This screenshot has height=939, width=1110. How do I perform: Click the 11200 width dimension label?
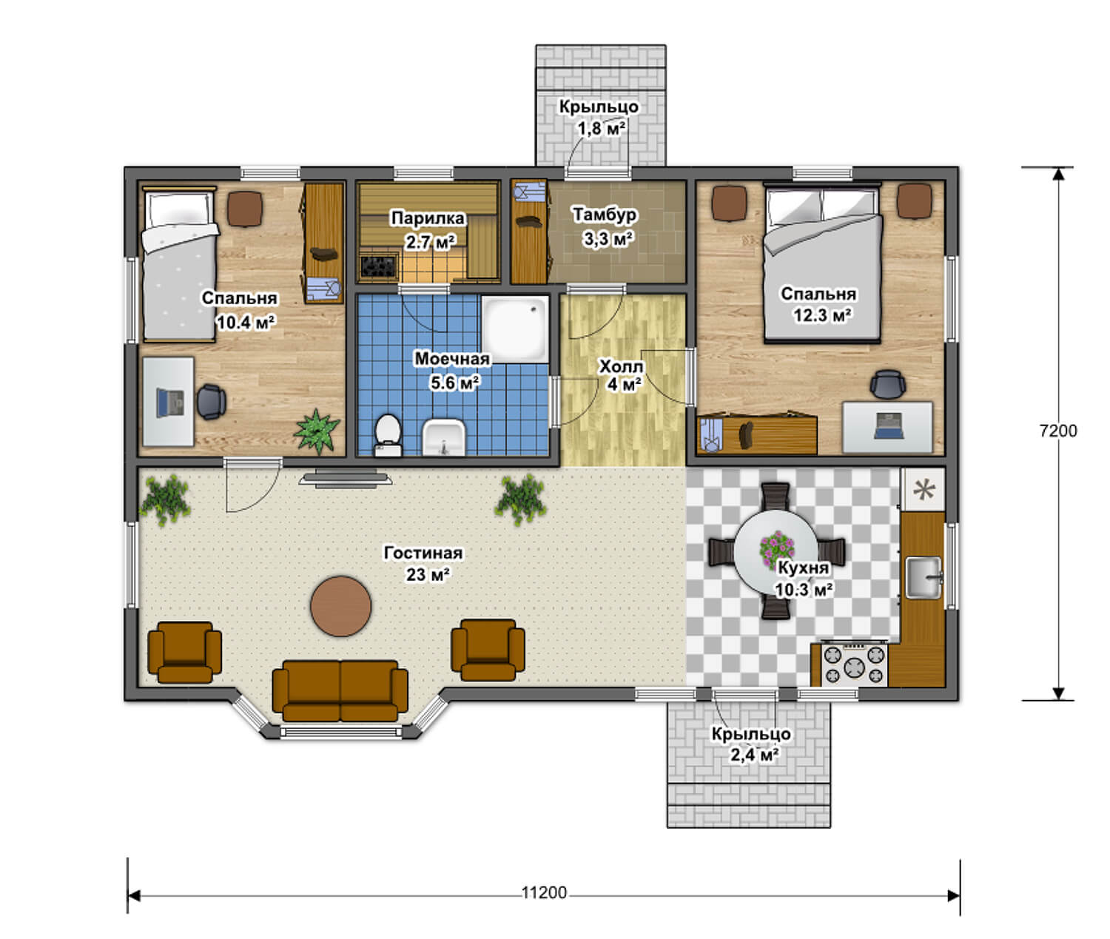[x=543, y=893]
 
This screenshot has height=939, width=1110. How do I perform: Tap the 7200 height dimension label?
[x=1058, y=431]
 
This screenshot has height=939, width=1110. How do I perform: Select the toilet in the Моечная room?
[x=387, y=435]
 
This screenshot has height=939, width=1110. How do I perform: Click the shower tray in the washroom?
[x=515, y=329]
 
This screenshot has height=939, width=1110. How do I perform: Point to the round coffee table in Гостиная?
[x=340, y=606]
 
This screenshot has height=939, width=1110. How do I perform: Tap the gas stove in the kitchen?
[x=854, y=664]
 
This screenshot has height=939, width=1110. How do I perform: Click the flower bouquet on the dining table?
[x=776, y=549]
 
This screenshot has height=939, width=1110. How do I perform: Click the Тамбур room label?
[x=605, y=215]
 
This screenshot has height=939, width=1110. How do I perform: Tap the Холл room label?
[x=621, y=367]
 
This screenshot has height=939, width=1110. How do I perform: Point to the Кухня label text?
[x=804, y=568]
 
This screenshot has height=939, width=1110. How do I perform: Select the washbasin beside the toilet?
[x=443, y=437]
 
